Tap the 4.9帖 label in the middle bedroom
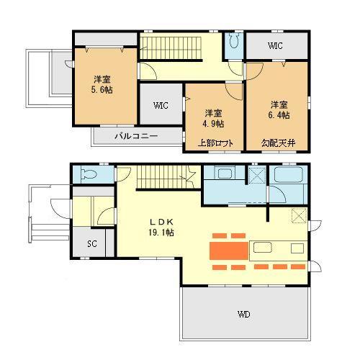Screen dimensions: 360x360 (212, 124)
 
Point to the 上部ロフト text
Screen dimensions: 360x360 (216, 143)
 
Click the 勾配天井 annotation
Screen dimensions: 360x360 (277, 143)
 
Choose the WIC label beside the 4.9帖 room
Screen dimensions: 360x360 (161, 105)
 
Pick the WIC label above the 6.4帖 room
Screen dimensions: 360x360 (275, 46)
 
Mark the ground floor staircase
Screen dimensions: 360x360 (160, 176)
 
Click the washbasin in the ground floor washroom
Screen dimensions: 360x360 (224, 174)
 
